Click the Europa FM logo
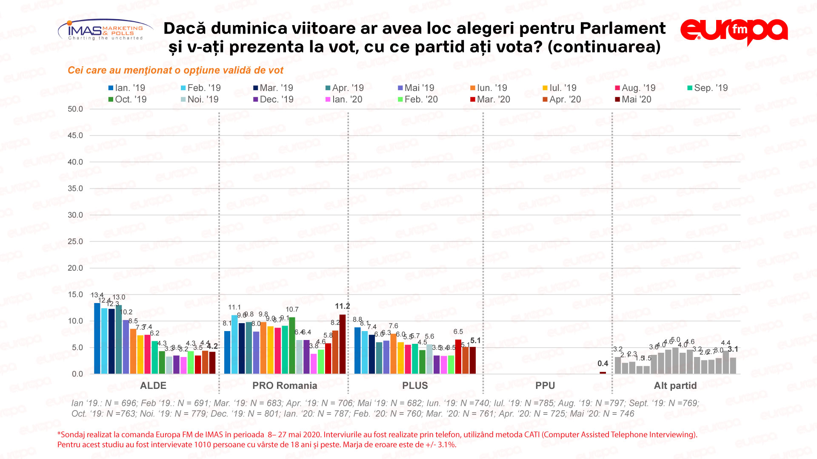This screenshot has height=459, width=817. click(734, 31)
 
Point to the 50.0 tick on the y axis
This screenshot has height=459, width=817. click(75, 109)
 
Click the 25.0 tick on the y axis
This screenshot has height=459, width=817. click(75, 241)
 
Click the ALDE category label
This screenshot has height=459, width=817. click(153, 385)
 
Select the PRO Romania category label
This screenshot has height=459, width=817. click(285, 385)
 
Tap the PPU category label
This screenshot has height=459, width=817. click(545, 385)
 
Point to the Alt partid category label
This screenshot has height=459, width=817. click(675, 385)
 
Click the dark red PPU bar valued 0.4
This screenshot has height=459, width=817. click(603, 373)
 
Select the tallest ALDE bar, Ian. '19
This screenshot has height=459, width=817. click(97, 338)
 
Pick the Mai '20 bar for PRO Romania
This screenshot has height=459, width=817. click(343, 344)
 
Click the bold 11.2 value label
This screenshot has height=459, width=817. click(342, 306)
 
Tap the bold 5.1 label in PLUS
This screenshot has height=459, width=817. click(475, 341)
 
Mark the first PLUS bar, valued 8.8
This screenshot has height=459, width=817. click(357, 351)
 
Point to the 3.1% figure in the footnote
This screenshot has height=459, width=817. click(446, 445)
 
